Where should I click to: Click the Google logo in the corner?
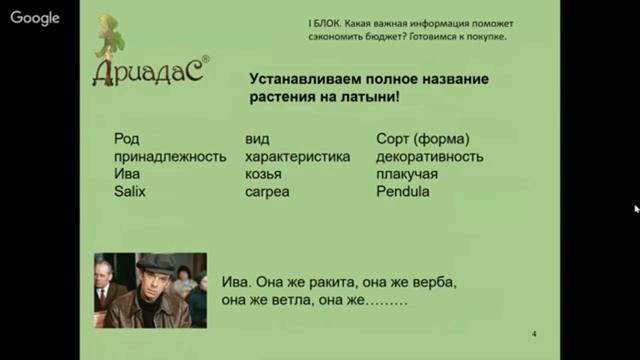36,18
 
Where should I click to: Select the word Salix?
130,191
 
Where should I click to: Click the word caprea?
267,191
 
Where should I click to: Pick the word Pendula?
403,191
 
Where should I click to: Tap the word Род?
127,139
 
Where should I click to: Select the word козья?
263,174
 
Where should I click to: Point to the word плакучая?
409,174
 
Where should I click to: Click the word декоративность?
430,157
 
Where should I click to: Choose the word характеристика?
297,157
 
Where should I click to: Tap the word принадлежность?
171,157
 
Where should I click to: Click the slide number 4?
534,334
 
